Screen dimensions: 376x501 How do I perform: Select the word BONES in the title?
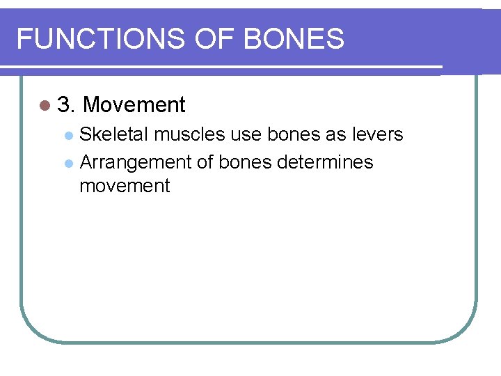[294, 39]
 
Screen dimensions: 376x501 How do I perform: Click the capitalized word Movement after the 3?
[134, 105]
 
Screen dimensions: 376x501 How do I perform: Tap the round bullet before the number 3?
[45, 106]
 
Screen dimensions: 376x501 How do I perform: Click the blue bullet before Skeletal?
[68, 134]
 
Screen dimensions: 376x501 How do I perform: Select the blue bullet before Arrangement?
[68, 164]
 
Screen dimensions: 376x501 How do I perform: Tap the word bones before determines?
[246, 162]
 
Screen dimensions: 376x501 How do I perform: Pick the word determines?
[325, 162]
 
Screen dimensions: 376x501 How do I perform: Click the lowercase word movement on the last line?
[125, 187]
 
